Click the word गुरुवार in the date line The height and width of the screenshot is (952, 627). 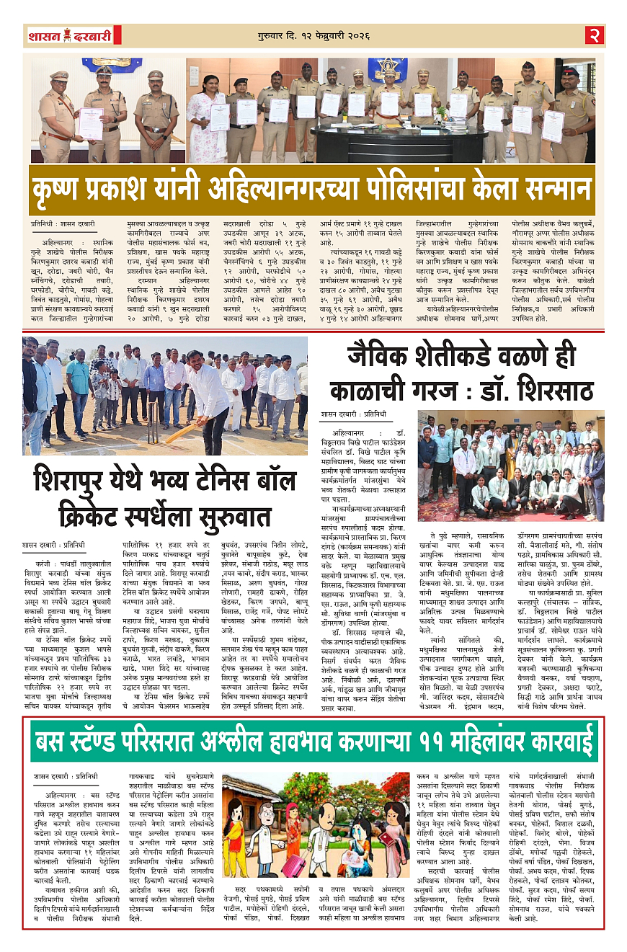273,35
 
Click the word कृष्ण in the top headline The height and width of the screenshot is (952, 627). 68,190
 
